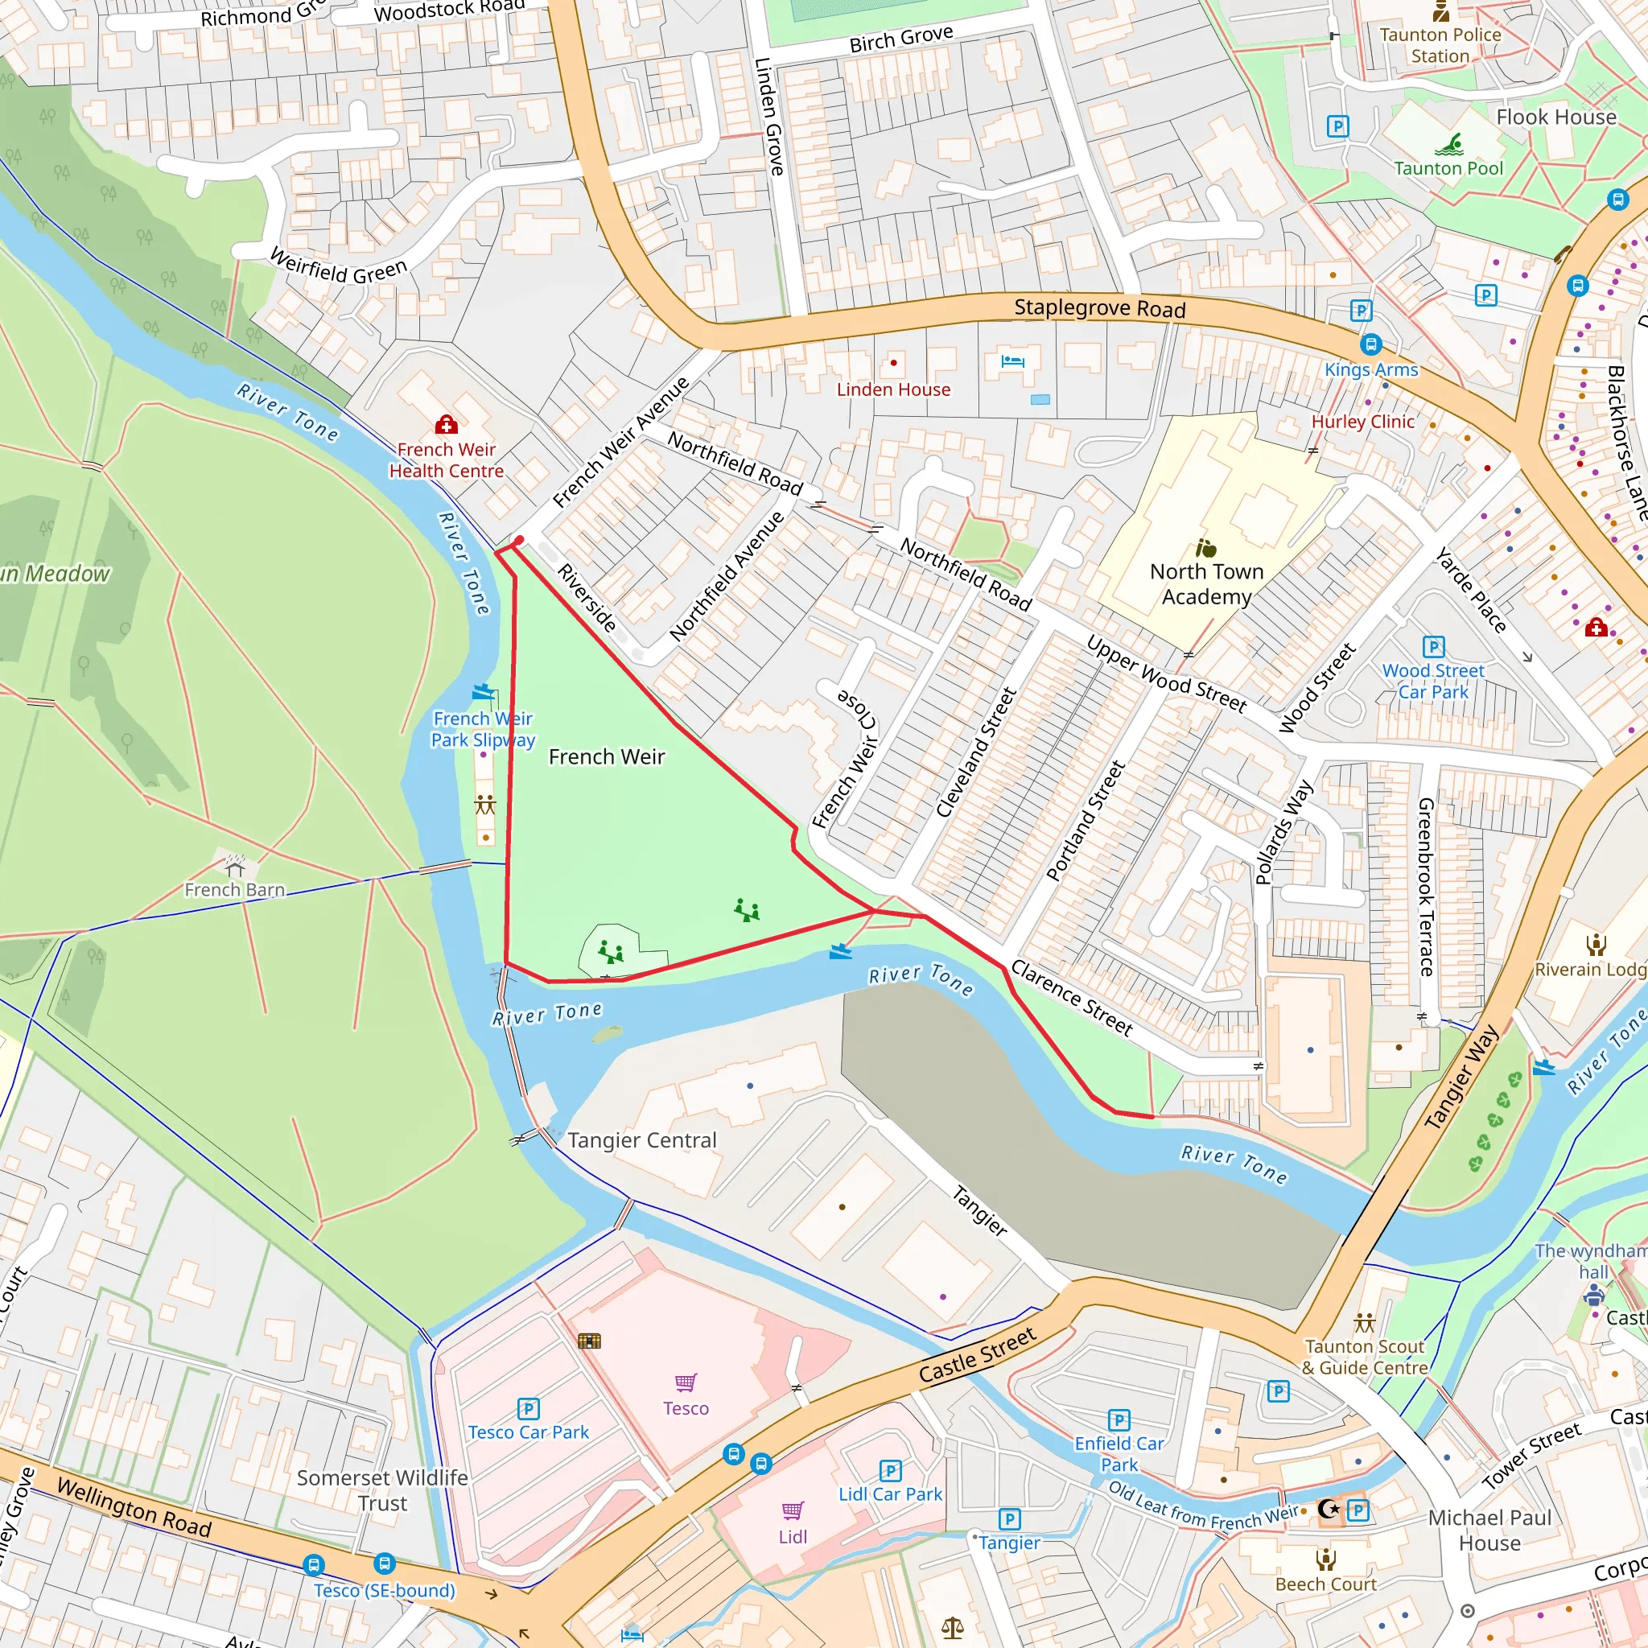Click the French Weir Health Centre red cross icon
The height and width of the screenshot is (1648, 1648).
click(445, 425)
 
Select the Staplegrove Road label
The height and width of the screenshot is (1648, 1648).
click(1099, 308)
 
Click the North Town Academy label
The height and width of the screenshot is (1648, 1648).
click(1206, 583)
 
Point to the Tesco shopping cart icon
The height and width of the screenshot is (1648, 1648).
click(686, 1382)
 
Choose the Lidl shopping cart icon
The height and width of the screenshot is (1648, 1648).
click(793, 1510)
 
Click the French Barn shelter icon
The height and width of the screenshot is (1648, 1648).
click(235, 867)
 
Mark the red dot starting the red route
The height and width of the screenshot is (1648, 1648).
click(519, 540)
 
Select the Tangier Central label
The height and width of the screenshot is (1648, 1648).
click(641, 1140)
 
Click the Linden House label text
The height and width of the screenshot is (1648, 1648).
click(893, 389)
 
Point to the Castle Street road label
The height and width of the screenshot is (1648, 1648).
click(978, 1354)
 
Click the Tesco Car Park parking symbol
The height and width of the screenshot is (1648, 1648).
click(528, 1408)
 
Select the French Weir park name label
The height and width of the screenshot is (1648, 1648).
click(607, 756)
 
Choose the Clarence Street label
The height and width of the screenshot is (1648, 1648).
click(1072, 998)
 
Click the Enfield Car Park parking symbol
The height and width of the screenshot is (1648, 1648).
click(1119, 1419)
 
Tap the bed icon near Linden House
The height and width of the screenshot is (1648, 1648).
click(1012, 360)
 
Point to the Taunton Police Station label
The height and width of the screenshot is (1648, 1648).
click(1440, 45)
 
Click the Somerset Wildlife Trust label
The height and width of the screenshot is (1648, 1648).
click(382, 1490)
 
